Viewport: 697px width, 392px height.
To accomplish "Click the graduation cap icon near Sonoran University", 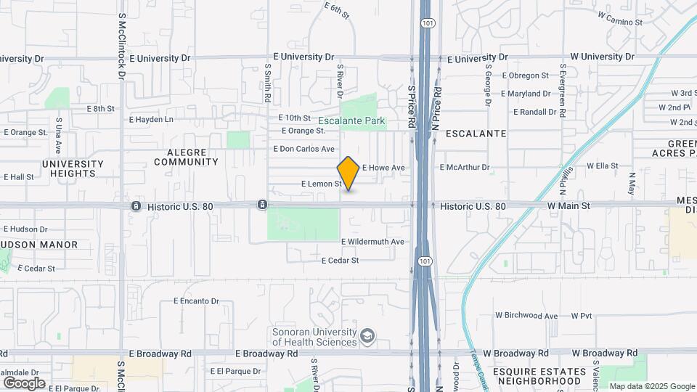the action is tap(368, 335).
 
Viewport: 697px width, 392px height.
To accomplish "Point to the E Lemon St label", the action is tap(321, 184).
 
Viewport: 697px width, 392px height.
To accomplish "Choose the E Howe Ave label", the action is tap(383, 168).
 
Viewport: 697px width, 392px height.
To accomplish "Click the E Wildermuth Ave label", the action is tap(372, 242).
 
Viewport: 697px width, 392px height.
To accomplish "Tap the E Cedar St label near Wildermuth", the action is tap(340, 260).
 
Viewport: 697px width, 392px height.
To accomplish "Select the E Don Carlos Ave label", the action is tap(303, 149).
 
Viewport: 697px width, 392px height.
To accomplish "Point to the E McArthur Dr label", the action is tap(465, 167).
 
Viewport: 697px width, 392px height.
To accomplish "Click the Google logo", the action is tap(24, 383).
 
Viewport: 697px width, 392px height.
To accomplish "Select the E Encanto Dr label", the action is tap(196, 301).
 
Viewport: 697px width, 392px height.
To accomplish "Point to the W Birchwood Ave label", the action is tap(526, 316).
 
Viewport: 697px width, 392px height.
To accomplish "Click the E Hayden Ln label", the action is tap(151, 120).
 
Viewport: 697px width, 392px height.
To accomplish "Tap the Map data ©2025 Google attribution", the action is tap(651, 386).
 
